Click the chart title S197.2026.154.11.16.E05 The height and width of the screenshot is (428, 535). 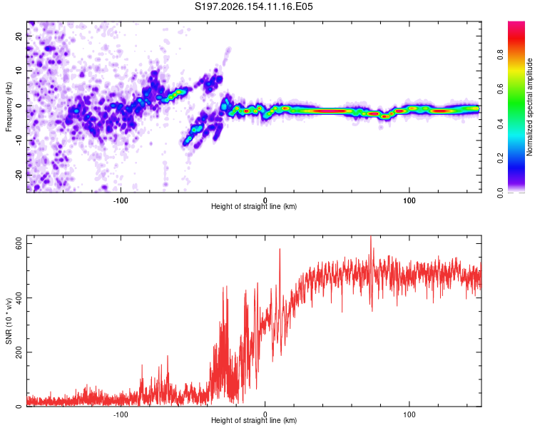[253, 6]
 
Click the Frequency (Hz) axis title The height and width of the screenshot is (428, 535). [9, 107]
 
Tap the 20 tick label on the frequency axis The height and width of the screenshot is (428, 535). [19, 36]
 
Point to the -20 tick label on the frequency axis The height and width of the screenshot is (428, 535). [19, 175]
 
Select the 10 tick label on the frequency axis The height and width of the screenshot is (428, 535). [19, 71]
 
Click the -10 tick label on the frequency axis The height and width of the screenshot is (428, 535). [19, 141]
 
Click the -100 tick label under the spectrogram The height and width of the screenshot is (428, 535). [121, 200]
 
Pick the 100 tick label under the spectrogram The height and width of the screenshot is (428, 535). [409, 200]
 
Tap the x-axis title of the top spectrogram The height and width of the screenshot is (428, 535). [254, 206]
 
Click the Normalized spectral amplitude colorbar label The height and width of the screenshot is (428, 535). [529, 107]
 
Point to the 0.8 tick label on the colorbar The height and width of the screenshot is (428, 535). [500, 55]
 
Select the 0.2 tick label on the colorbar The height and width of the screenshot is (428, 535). [500, 158]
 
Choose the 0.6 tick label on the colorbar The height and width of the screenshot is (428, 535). [500, 89]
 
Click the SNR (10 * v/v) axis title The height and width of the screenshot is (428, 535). [9, 321]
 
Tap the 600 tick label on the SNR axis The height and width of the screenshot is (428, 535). [19, 244]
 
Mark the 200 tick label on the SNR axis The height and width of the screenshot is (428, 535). [19, 352]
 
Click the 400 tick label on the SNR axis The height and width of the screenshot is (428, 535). [19, 298]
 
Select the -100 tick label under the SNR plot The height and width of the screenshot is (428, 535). [121, 414]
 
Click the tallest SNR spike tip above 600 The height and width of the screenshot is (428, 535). [371, 236]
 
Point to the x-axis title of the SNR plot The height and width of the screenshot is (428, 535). [254, 420]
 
